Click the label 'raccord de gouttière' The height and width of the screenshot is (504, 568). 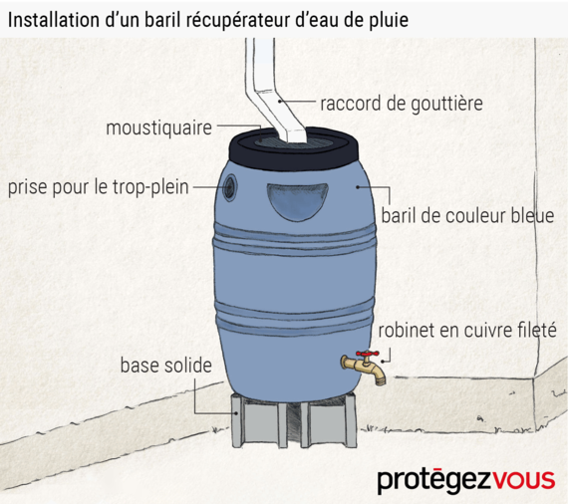pyautogui.click(x=402, y=104)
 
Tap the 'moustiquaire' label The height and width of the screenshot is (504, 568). pyautogui.click(x=158, y=128)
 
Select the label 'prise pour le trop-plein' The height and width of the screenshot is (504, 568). pyautogui.click(x=99, y=187)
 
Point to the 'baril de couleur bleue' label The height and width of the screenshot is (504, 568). pyautogui.click(x=467, y=216)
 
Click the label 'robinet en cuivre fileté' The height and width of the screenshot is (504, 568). pyautogui.click(x=467, y=331)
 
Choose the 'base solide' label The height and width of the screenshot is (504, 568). pyautogui.click(x=165, y=366)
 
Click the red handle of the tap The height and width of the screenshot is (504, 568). pyautogui.click(x=368, y=354)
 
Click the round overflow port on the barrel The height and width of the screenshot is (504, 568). pyautogui.click(x=230, y=187)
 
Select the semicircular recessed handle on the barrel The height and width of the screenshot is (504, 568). pyautogui.click(x=297, y=201)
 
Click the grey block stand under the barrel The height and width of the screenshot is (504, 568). pyautogui.click(x=293, y=420)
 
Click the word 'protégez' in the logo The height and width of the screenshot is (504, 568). pyautogui.click(x=434, y=481)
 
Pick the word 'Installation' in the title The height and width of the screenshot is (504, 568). pyautogui.click(x=54, y=20)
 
